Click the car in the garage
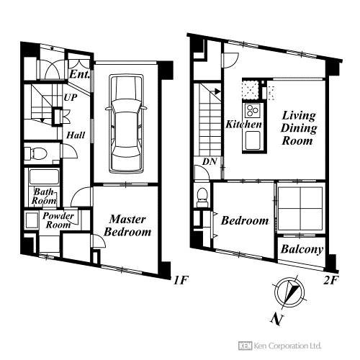(126, 123)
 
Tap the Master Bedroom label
(127, 225)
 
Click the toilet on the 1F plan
(35, 153)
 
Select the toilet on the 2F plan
(202, 197)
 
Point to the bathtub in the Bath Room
(44, 176)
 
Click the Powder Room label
(58, 220)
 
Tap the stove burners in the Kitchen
(252, 111)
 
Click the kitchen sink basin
(253, 140)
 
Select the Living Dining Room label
(299, 128)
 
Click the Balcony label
(302, 249)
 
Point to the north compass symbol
(289, 293)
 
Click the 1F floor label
(181, 280)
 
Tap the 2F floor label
(330, 280)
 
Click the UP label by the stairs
(71, 97)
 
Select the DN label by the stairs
(210, 161)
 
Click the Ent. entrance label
(79, 74)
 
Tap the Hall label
(76, 135)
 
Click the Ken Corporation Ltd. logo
(279, 346)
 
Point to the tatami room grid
(300, 208)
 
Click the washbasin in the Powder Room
(32, 220)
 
